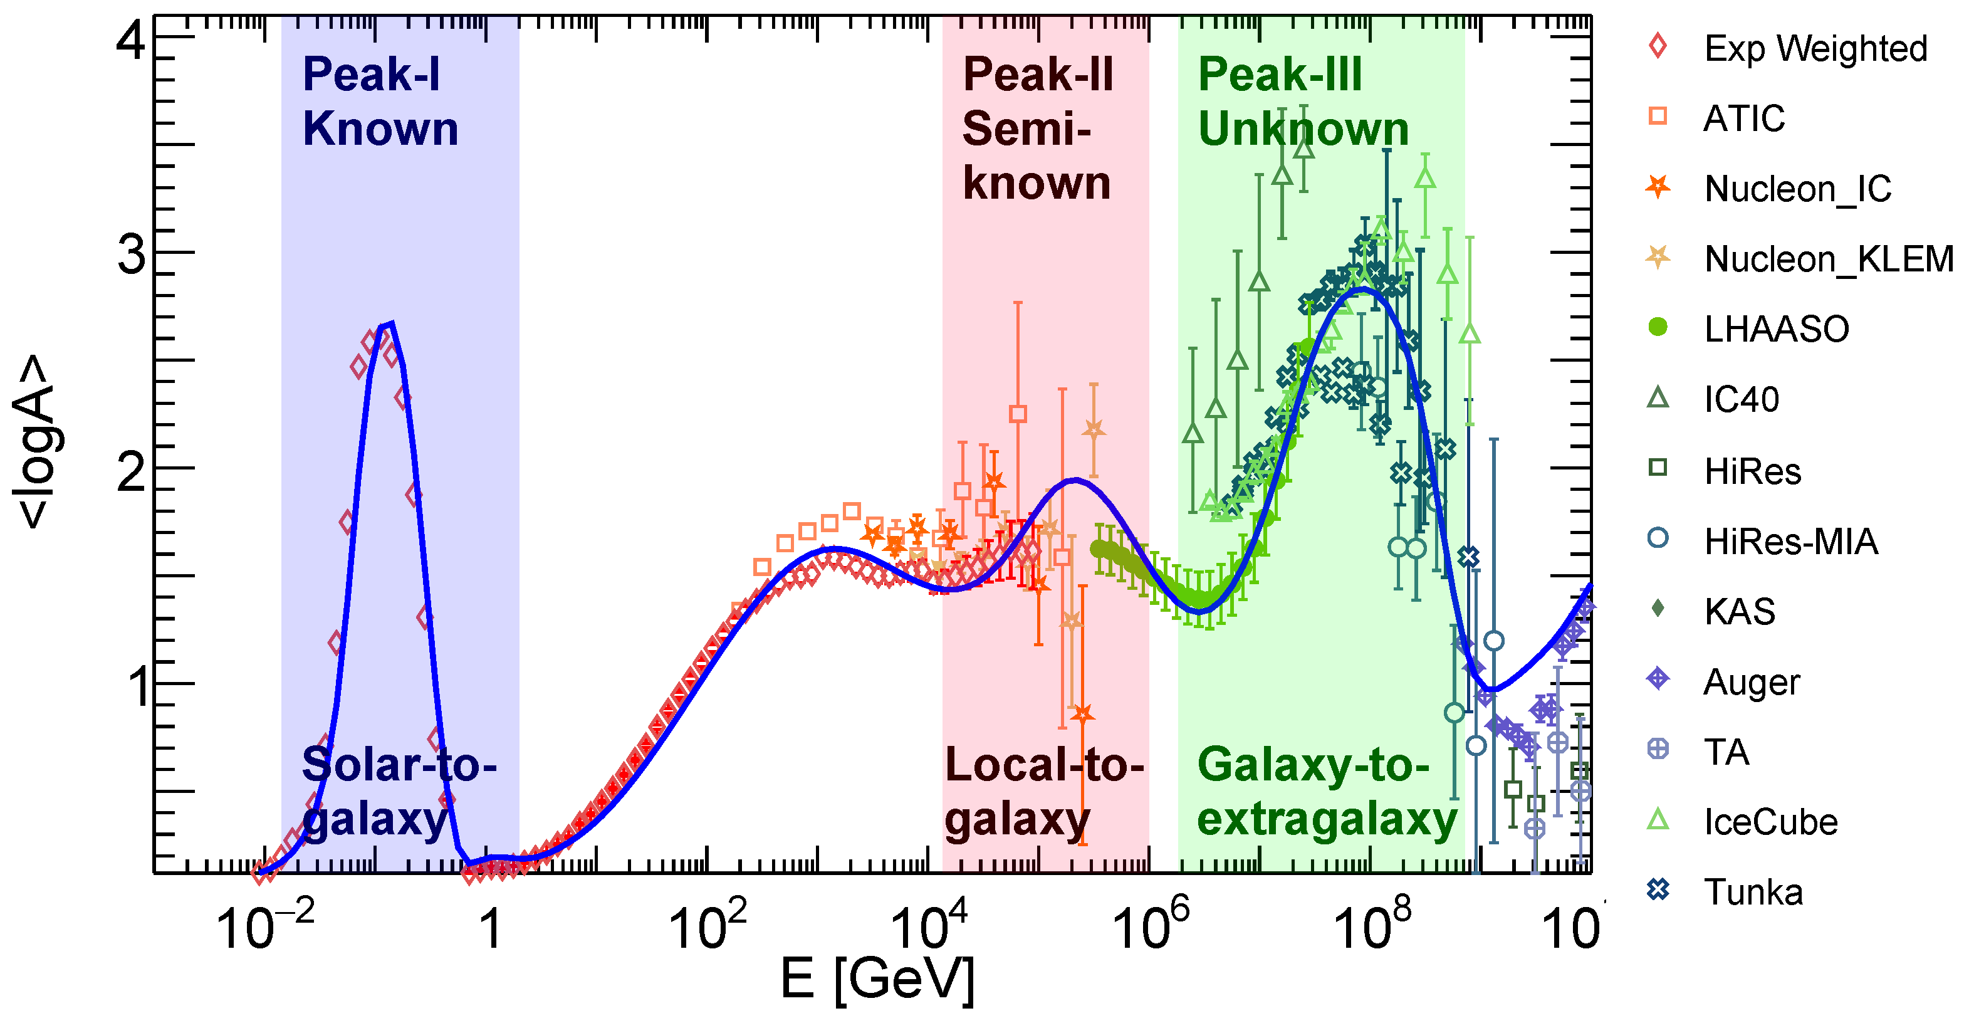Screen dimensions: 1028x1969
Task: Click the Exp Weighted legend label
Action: tap(1815, 49)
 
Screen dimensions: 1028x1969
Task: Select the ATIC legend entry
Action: tap(1743, 118)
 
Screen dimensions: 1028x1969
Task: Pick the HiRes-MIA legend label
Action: tap(1790, 541)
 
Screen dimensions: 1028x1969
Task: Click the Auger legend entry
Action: tap(1751, 682)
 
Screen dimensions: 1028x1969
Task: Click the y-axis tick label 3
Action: tap(132, 254)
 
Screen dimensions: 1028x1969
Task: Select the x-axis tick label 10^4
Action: tap(929, 927)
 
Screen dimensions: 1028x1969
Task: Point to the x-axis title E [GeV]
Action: tap(877, 980)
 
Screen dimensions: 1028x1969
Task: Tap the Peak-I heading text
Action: tap(372, 75)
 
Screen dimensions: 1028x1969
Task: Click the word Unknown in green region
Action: tap(1303, 128)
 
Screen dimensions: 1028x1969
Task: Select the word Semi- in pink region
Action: tap(1026, 128)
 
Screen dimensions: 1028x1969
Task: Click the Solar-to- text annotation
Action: tap(399, 764)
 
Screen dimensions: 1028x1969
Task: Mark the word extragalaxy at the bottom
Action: tap(1327, 819)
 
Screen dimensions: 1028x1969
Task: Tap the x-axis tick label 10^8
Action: tap(1372, 927)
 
